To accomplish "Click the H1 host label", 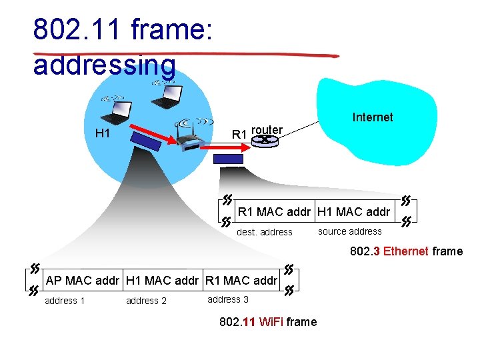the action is (103, 133).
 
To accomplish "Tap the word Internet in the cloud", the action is (372, 117).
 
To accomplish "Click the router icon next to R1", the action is (267, 140).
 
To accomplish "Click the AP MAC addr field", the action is (83, 281).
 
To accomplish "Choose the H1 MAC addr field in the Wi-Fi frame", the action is (162, 281).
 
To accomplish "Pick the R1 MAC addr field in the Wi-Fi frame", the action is (241, 281).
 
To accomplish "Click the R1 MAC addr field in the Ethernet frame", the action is (275, 213).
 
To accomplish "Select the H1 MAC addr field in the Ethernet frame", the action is (354, 213).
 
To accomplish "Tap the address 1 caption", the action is (65, 301).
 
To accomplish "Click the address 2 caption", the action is (146, 301).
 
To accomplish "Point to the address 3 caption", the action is (228, 299).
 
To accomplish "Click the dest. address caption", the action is (265, 233).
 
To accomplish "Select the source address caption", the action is (350, 231).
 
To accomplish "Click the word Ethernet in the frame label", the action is (406, 251).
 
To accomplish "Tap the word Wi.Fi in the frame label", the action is (270, 322).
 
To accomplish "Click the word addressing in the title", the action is (105, 65).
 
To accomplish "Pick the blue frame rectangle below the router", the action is (229, 159).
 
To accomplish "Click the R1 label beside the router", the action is (239, 135).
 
